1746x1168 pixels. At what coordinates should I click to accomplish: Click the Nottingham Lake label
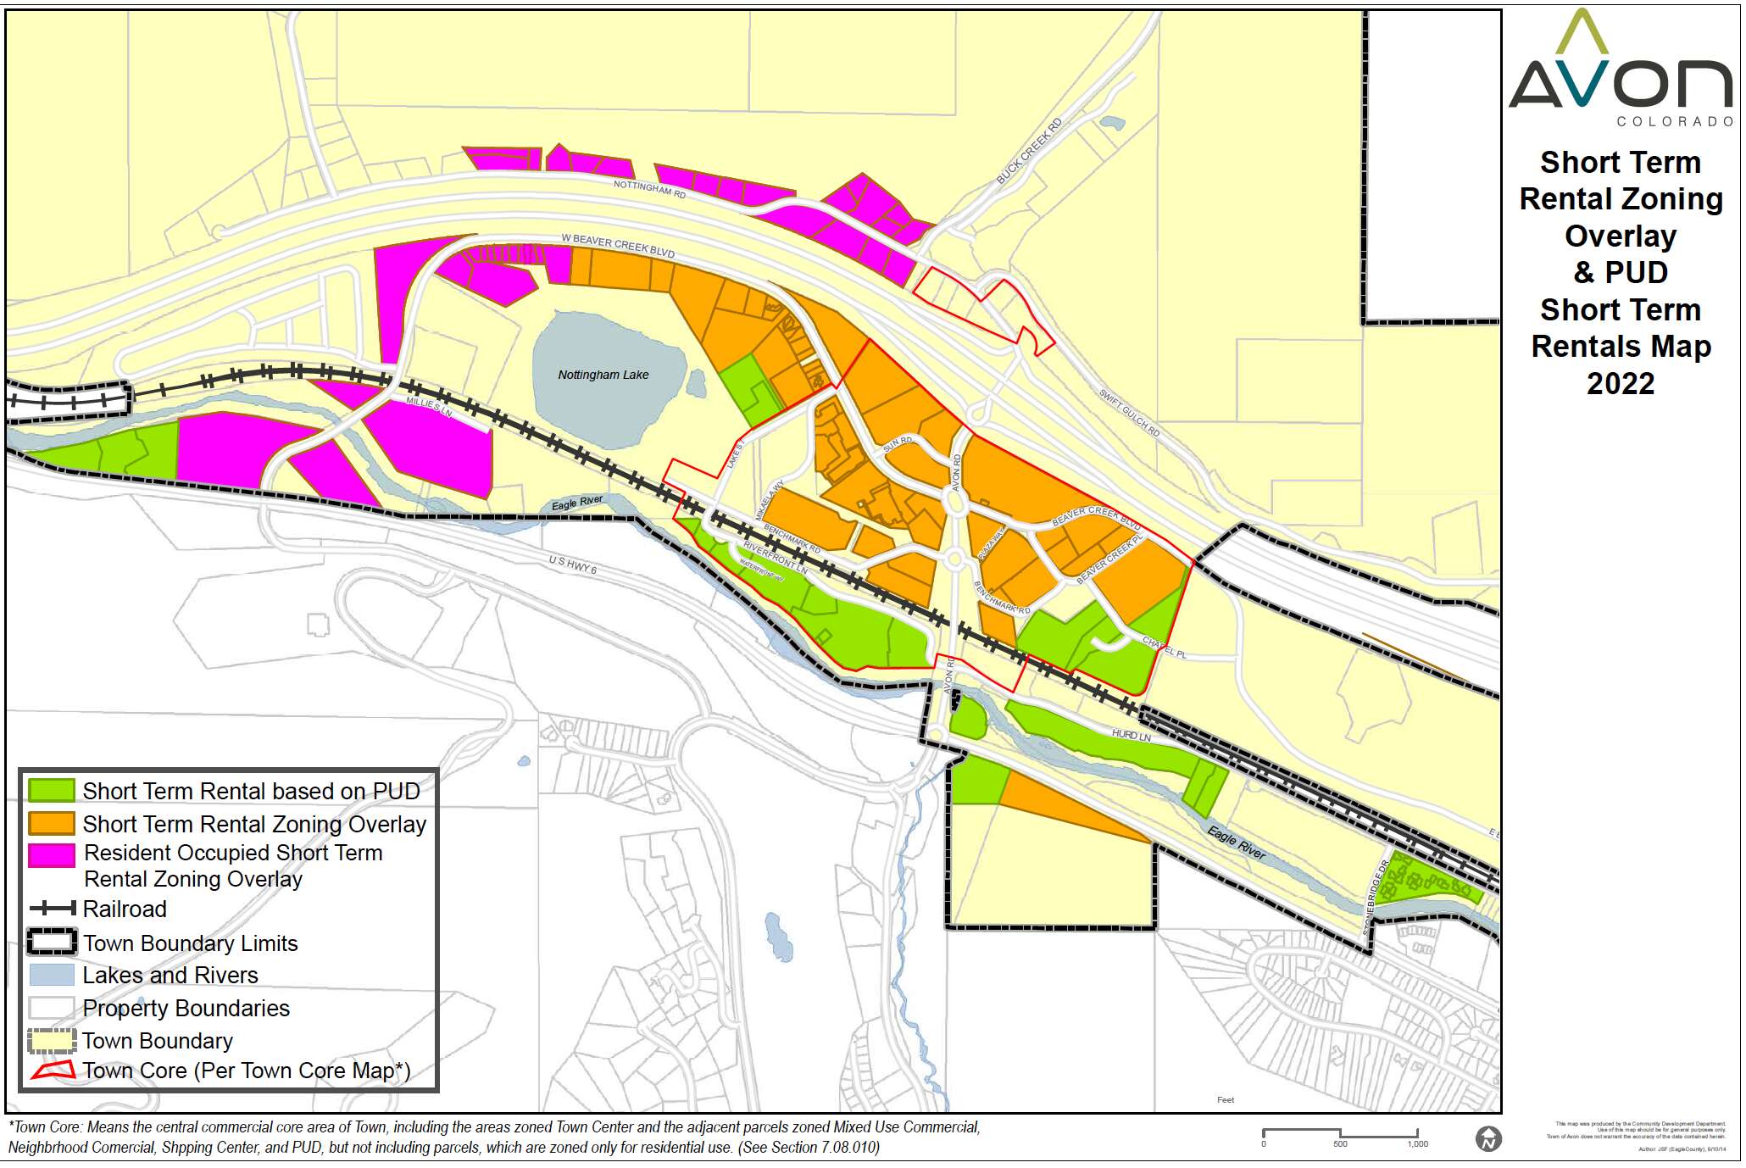(603, 375)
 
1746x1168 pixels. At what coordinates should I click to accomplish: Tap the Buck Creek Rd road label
(1029, 152)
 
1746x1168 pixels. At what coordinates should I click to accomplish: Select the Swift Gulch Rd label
(1129, 413)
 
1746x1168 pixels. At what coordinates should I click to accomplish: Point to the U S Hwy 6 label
(572, 565)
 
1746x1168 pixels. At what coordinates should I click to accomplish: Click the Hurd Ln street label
(1131, 735)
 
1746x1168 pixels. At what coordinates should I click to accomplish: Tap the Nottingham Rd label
(649, 188)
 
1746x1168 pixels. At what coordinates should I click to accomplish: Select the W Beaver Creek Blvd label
(617, 246)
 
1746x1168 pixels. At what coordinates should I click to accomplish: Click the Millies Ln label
(429, 406)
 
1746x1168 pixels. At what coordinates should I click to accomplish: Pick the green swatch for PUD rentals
(52, 791)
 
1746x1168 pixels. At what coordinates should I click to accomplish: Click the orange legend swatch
(52, 824)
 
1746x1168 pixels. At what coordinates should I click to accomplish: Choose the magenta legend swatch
(52, 854)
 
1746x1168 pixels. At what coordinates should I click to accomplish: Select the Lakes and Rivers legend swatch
(52, 975)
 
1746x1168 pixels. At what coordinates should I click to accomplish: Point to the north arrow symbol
(1488, 1138)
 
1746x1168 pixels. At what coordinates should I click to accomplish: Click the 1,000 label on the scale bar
(1417, 1144)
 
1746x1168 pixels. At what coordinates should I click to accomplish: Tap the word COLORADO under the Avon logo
(1674, 122)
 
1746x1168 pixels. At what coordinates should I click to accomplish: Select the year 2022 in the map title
(1620, 384)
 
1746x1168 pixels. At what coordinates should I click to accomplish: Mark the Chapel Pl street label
(1165, 647)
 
